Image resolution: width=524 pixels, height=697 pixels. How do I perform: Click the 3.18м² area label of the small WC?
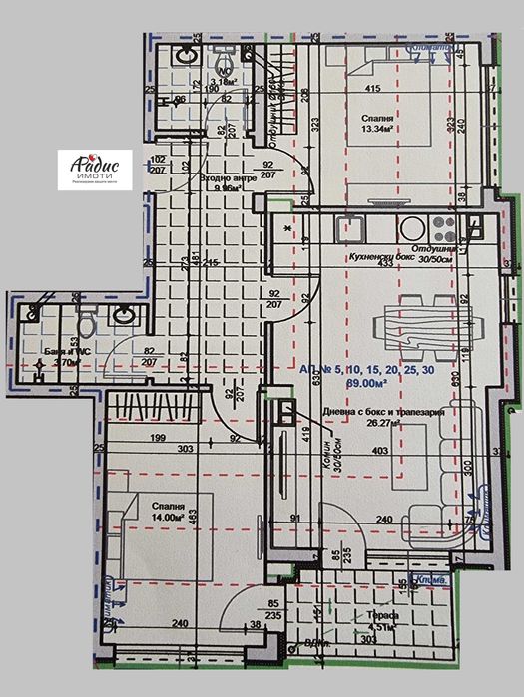pos(199,82)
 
